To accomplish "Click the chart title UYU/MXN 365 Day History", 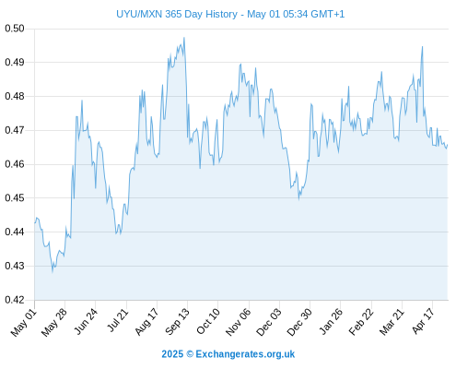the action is click(177, 14).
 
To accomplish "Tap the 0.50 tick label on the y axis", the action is click(15, 29).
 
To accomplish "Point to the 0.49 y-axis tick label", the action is click(15, 63).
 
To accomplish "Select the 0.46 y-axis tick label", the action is click(15, 164).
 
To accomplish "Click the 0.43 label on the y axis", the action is click(15, 266).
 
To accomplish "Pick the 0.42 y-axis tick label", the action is click(15, 300).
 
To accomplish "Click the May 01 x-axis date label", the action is click(24, 323).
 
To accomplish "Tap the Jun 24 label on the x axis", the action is click(86, 321).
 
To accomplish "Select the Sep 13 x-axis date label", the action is click(177, 322).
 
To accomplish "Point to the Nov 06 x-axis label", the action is click(238, 322).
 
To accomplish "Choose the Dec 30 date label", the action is click(299, 322).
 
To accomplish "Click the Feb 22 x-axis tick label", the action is click(361, 322).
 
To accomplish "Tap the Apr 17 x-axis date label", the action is click(423, 321).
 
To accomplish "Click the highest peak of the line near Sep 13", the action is click(184, 38).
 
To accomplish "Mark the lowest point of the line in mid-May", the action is click(53, 272).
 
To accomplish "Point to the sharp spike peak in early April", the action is click(423, 46).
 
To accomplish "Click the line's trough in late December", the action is click(298, 199).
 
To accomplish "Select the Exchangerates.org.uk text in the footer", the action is click(245, 354).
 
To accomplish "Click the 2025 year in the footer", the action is click(172, 354).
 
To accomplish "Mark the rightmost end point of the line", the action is click(448, 145).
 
